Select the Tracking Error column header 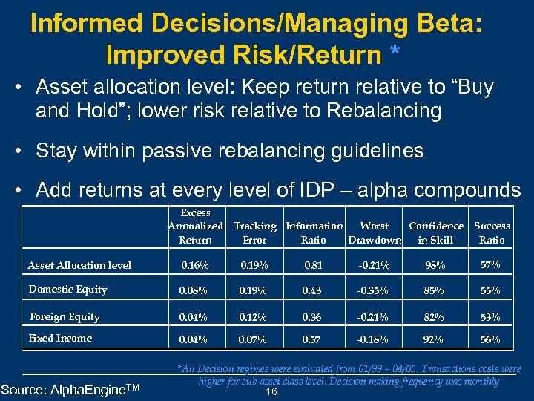pos(254,232)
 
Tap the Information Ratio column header pos(314,232)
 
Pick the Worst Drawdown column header pos(375,232)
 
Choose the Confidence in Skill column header pos(435,232)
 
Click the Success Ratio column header pos(492,232)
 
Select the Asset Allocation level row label pos(79,265)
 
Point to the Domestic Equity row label pos(67,290)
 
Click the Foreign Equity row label pos(65,317)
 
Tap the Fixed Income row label pos(60,339)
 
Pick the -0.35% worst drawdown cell pos(374,290)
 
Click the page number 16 pos(271,391)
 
